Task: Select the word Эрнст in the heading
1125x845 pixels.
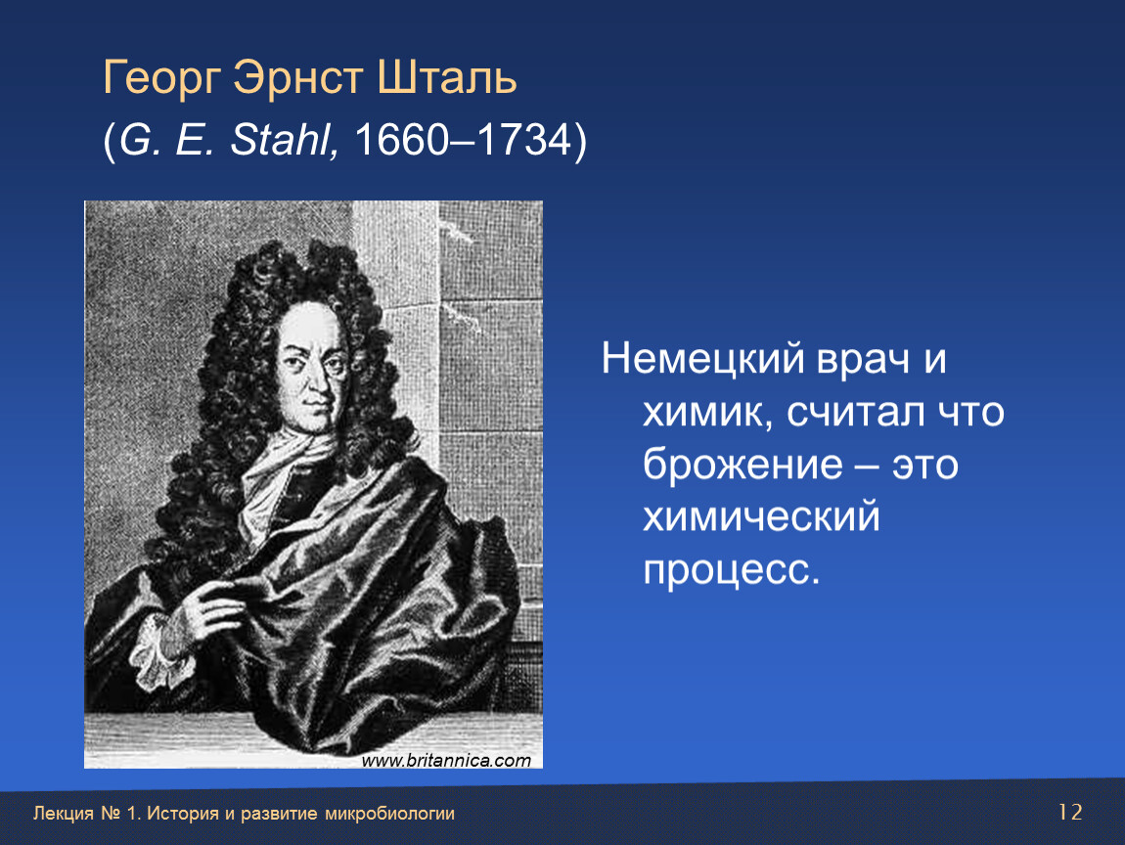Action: click(x=297, y=76)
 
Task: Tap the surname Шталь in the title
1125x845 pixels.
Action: click(x=446, y=76)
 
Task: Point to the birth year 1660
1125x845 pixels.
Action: click(x=402, y=139)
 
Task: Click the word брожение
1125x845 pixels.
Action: click(x=742, y=464)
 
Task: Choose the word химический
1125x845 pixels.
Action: click(x=761, y=516)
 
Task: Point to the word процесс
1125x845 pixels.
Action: click(x=731, y=571)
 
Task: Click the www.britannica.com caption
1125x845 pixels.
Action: click(x=446, y=760)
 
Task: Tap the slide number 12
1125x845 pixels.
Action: click(x=1070, y=812)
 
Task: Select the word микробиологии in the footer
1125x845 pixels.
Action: click(x=389, y=814)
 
